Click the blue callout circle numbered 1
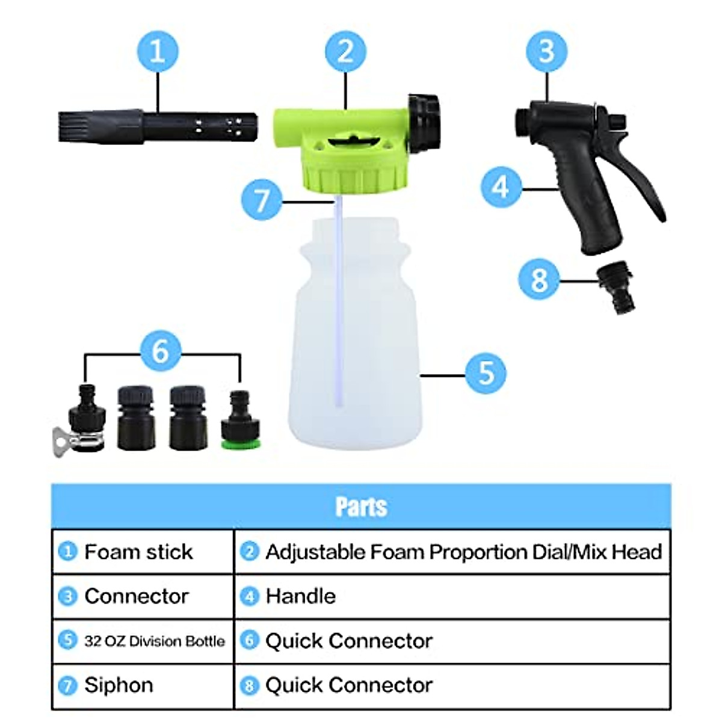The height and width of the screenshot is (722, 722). coord(157,51)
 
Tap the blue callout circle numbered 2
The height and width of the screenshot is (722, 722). coord(345,51)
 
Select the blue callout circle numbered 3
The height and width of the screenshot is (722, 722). coord(546,51)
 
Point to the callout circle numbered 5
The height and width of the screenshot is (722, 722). coord(486,373)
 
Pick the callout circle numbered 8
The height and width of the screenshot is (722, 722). coord(539,280)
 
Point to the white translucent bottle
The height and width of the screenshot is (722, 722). coord(355,349)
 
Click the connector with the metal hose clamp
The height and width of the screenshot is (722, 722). coord(84,421)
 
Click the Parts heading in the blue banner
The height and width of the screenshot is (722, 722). coord(361,507)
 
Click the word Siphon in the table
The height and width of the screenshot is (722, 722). coord(119,685)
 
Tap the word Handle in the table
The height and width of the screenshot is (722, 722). coord(300,596)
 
